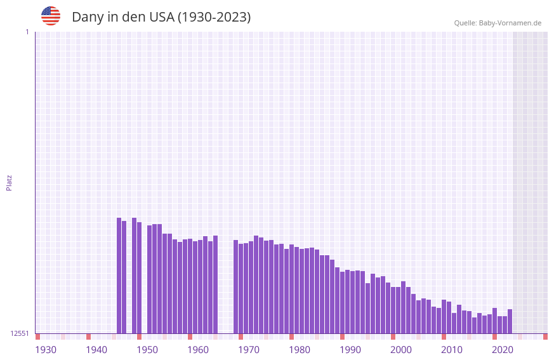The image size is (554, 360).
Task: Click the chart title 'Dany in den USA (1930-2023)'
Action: pyautogui.click(x=161, y=17)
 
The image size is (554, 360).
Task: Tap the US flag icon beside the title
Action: pyautogui.click(x=51, y=16)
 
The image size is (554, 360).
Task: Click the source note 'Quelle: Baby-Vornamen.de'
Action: pyautogui.click(x=497, y=23)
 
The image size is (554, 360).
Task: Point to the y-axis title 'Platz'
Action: pyautogui.click(x=9, y=182)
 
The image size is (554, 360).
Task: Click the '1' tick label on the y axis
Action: pyautogui.click(x=27, y=32)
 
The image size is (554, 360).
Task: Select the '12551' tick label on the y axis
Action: pyautogui.click(x=20, y=333)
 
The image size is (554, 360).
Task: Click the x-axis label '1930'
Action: pyautogui.click(x=46, y=349)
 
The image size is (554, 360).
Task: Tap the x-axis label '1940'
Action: pyautogui.click(x=96, y=349)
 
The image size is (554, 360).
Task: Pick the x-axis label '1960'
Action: pyautogui.click(x=198, y=349)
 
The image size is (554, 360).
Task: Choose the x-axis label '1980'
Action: pyautogui.click(x=300, y=349)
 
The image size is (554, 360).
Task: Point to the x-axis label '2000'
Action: pyautogui.click(x=401, y=349)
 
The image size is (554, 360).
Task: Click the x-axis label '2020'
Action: pyautogui.click(x=503, y=349)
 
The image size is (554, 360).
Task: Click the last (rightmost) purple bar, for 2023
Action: pyautogui.click(x=510, y=321)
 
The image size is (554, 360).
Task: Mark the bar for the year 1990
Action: pyautogui.click(x=342, y=302)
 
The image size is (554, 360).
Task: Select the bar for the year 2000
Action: pyautogui.click(x=393, y=310)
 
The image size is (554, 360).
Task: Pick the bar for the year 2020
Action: pyautogui.click(x=494, y=321)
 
